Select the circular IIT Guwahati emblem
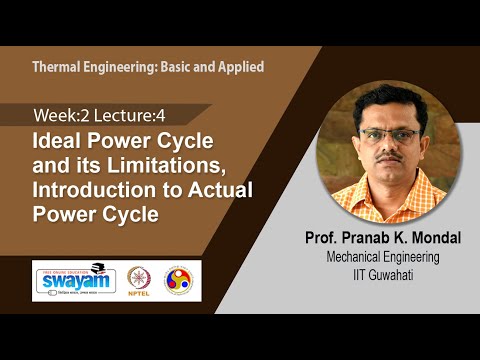tap(181, 279)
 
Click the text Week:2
tap(61, 115)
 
